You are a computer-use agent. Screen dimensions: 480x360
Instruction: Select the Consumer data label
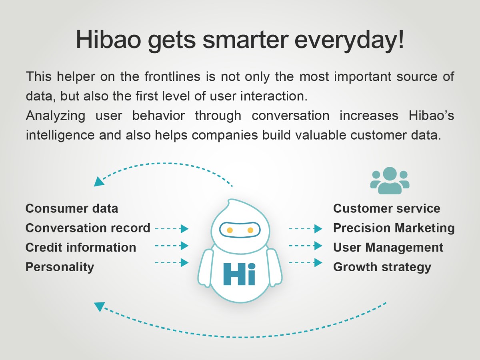pyautogui.click(x=72, y=208)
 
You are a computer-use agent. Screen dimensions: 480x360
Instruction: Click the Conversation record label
pyautogui.click(x=88, y=228)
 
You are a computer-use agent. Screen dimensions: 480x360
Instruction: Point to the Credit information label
pyautogui.click(x=81, y=248)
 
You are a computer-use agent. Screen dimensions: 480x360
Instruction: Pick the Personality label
pyautogui.click(x=60, y=267)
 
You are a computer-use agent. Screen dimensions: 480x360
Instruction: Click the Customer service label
pyautogui.click(x=387, y=208)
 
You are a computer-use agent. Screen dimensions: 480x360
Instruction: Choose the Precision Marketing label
pyautogui.click(x=394, y=228)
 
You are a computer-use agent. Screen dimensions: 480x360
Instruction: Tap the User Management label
pyautogui.click(x=388, y=248)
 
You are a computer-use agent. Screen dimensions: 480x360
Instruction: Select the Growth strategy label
pyautogui.click(x=382, y=267)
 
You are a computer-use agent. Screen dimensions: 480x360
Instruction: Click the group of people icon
pyautogui.click(x=390, y=180)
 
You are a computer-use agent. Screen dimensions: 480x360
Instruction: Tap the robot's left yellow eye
pyautogui.click(x=230, y=230)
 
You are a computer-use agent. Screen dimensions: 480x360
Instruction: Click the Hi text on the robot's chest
pyautogui.click(x=239, y=274)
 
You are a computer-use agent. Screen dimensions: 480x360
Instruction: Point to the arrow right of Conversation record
pyautogui.click(x=172, y=229)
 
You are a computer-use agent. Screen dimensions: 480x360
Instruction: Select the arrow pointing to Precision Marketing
pyautogui.click(x=306, y=229)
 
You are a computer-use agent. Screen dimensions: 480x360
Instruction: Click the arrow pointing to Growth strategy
pyautogui.click(x=306, y=262)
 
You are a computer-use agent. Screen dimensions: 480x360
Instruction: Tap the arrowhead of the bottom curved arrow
pyautogui.click(x=99, y=306)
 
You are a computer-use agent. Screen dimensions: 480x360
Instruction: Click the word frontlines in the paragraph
pyautogui.click(x=172, y=76)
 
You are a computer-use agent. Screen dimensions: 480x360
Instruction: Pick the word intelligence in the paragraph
pyautogui.click(x=60, y=135)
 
